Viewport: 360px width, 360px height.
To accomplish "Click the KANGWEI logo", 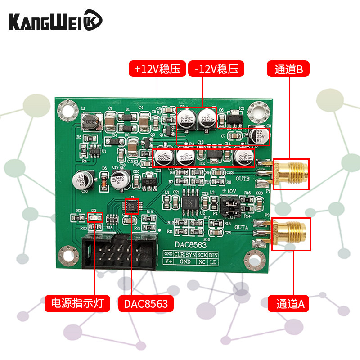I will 56,21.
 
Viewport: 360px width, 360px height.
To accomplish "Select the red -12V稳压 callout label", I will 216,69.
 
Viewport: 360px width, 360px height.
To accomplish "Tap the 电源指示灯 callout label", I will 77,303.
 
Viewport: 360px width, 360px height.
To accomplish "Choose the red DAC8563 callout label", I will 146,303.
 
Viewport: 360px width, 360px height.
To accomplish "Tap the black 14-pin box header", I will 120,253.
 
